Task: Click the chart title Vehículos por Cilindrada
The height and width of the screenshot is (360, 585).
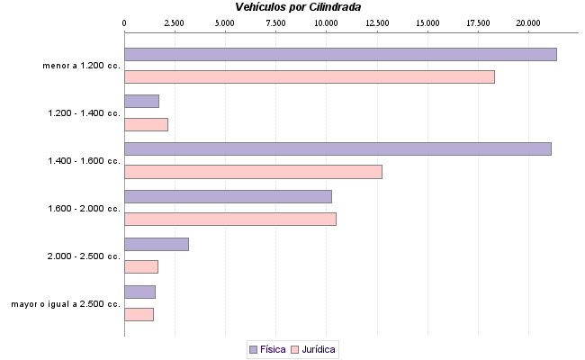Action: pyautogui.click(x=297, y=6)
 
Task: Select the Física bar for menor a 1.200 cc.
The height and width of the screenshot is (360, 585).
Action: pyautogui.click(x=340, y=54)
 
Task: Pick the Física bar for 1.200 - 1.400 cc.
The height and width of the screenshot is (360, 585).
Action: pyautogui.click(x=141, y=102)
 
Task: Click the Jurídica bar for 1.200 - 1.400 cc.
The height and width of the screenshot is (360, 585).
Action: pyautogui.click(x=146, y=125)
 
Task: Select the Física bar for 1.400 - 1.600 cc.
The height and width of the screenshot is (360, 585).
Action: pyautogui.click(x=337, y=148)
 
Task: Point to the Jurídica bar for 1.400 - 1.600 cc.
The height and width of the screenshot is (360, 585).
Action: pyautogui.click(x=253, y=172)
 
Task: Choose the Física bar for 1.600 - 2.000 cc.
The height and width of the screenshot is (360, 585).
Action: pyautogui.click(x=228, y=196)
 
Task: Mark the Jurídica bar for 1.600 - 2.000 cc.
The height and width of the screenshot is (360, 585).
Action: pyautogui.click(x=229, y=220)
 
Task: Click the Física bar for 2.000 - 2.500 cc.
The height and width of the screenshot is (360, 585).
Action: pyautogui.click(x=156, y=244)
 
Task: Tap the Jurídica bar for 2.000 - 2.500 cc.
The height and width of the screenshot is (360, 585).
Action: pyautogui.click(x=141, y=267)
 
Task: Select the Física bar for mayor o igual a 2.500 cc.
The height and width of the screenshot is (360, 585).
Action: pyautogui.click(x=139, y=292)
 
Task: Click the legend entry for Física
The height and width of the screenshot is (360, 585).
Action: pyautogui.click(x=266, y=348)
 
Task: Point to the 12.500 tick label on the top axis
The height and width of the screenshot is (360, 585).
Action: pyautogui.click(x=377, y=22)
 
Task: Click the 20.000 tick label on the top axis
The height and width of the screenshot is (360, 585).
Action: pyautogui.click(x=529, y=22)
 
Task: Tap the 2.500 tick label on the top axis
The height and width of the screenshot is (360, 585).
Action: pyautogui.click(x=174, y=22)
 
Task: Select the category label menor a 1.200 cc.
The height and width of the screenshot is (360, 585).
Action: pyautogui.click(x=81, y=66)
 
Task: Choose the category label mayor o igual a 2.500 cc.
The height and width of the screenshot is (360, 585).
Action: pyautogui.click(x=66, y=304)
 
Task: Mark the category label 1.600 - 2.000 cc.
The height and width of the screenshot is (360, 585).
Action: pyautogui.click(x=84, y=209)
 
